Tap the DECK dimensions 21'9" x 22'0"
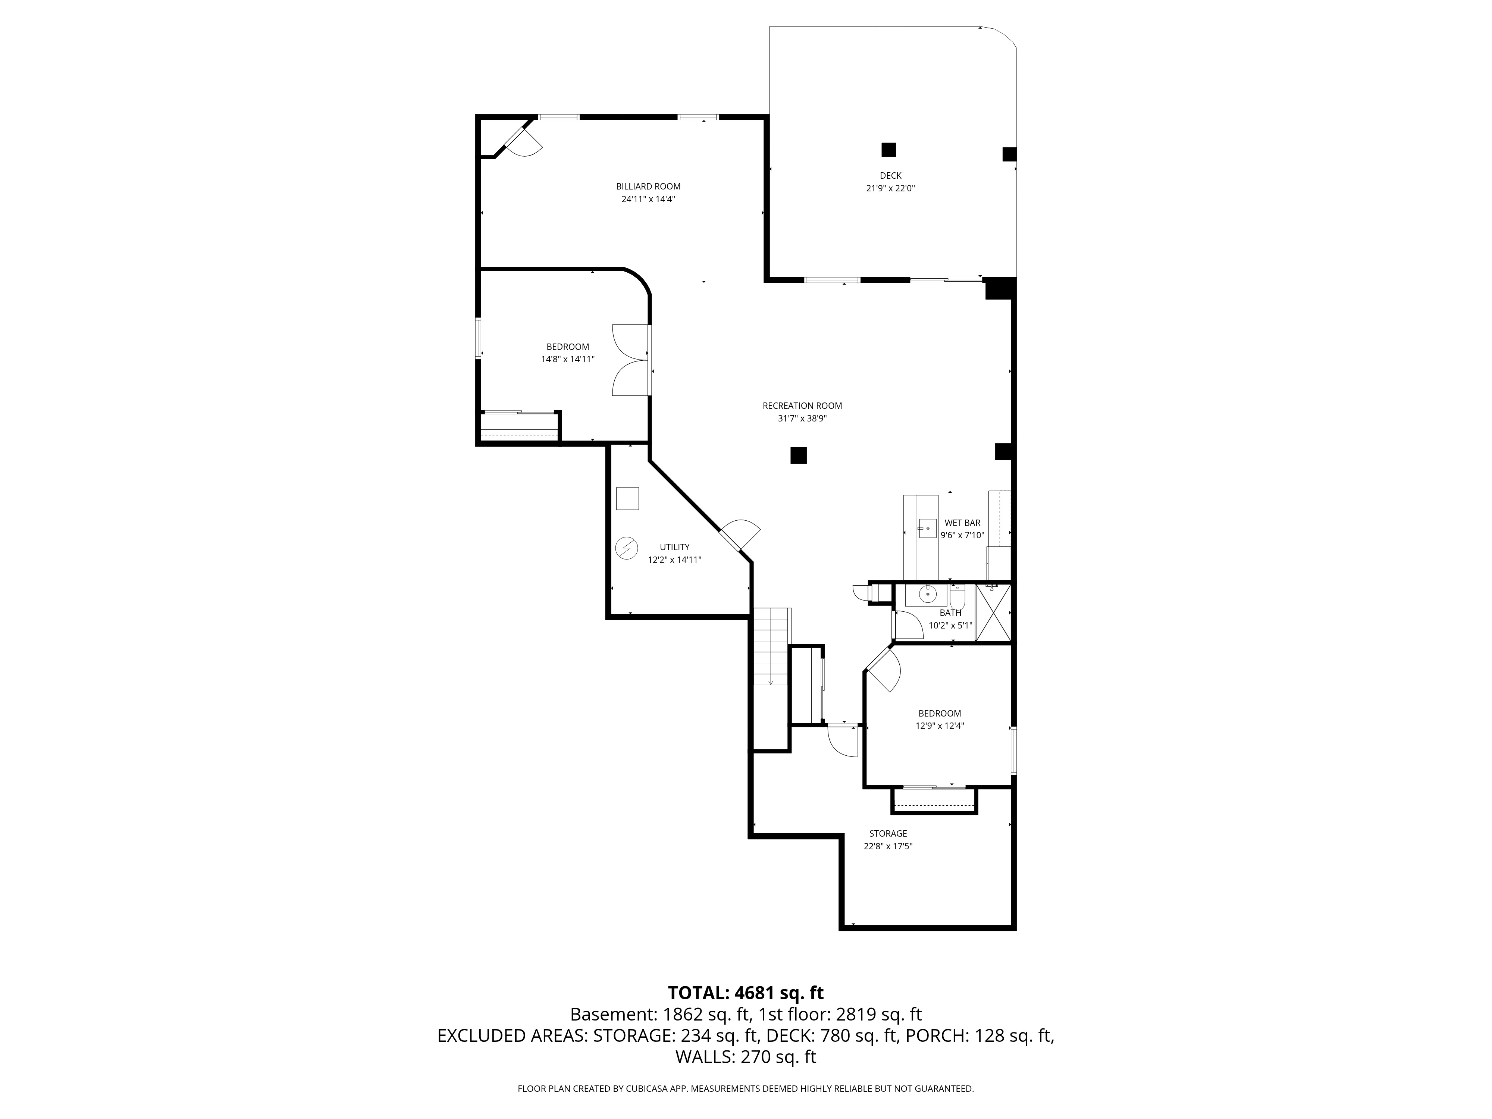[890, 189]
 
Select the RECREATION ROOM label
[802, 405]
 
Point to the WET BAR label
[962, 523]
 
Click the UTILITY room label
[674, 547]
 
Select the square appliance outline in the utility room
[627, 498]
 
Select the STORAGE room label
[888, 834]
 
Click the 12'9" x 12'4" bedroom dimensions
[940, 727]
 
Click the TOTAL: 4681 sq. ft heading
[745, 993]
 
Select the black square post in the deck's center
[888, 150]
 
